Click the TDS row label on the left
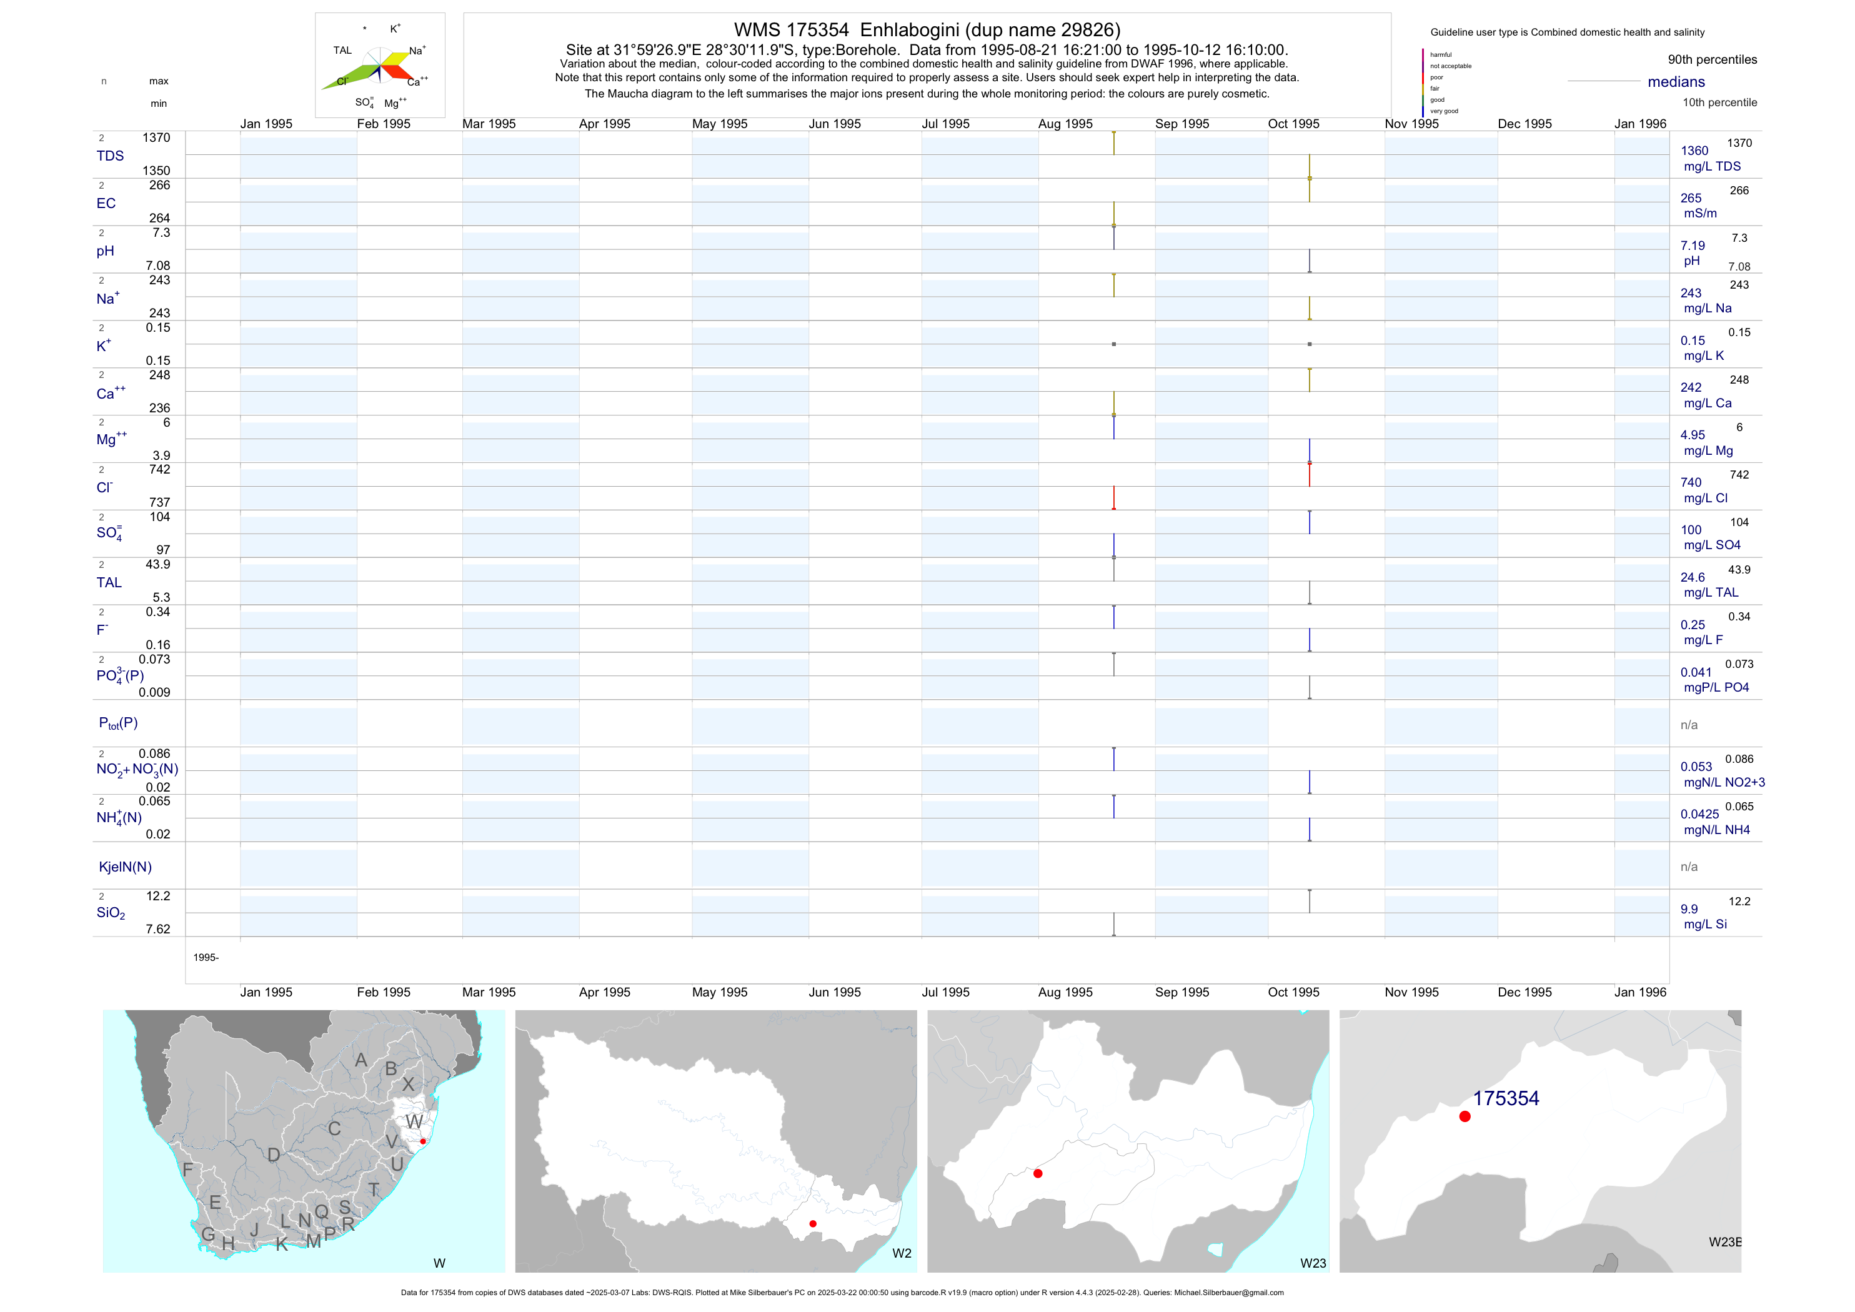[x=110, y=156]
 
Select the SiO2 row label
[x=111, y=913]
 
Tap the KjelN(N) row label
[x=125, y=867]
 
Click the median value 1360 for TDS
[x=1694, y=151]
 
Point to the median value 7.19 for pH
[x=1693, y=246]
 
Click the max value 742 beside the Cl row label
[x=160, y=469]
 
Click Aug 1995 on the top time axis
[x=1065, y=124]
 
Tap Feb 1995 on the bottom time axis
[x=384, y=992]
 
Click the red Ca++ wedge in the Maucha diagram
[x=397, y=72]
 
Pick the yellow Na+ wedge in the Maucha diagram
[x=395, y=59]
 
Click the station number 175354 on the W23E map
[x=1505, y=1098]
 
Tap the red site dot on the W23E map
[x=1465, y=1116]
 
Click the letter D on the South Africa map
[x=274, y=1155]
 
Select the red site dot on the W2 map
[x=813, y=1224]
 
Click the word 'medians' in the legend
[x=1676, y=82]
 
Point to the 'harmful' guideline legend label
[x=1441, y=55]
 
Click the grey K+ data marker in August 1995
[x=1114, y=344]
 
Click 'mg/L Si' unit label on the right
[x=1704, y=924]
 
